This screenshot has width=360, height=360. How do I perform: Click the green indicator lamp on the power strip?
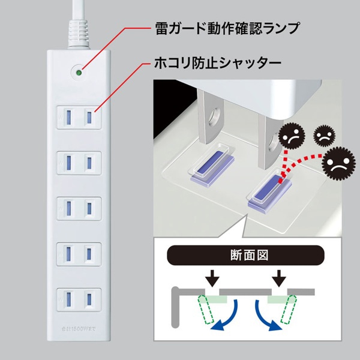click(x=78, y=73)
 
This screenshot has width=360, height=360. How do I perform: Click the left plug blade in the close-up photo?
click(x=211, y=120)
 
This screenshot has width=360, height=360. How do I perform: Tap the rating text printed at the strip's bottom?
click(x=78, y=329)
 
